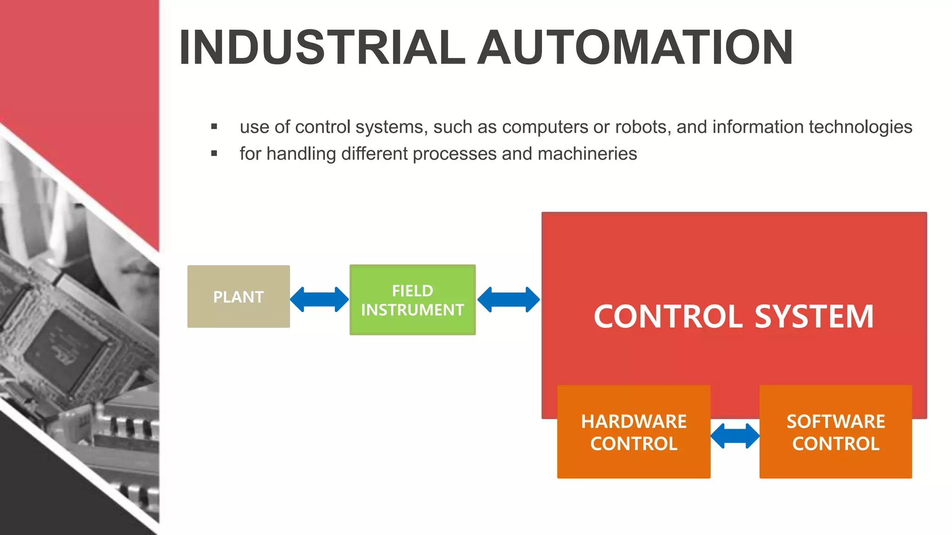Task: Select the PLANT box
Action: pos(238,297)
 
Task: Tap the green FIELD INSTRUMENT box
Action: pos(412,300)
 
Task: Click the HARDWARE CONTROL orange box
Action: pos(634,432)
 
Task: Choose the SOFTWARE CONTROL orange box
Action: pos(835,432)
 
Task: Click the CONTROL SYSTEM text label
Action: pos(734,317)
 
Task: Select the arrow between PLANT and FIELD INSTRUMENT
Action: pos(319,300)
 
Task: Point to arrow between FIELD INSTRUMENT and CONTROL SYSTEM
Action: pos(509,300)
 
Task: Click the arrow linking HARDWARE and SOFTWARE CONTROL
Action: pos(735,436)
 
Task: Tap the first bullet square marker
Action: pos(214,126)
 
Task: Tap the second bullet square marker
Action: pos(214,153)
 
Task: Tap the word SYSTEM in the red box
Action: pos(814,317)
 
